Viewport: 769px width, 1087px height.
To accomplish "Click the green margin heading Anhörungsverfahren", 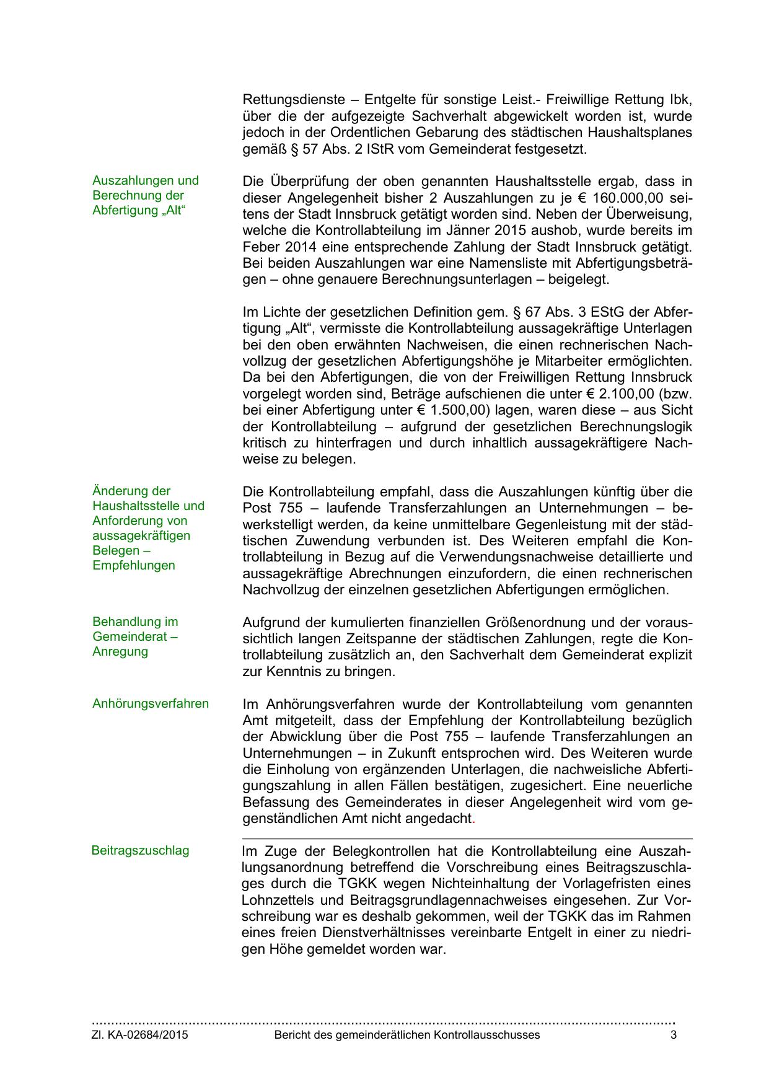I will point(151,704).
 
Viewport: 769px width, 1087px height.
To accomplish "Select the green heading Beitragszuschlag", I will point(140,851).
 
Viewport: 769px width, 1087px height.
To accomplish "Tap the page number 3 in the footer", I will point(674,1035).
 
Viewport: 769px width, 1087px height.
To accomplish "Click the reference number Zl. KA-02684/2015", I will point(140,1035).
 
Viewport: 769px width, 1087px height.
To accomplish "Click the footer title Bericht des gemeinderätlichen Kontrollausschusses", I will point(406,1035).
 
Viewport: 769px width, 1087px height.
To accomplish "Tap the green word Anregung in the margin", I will point(120,652).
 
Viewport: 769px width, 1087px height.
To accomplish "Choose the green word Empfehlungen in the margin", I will point(134,566).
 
